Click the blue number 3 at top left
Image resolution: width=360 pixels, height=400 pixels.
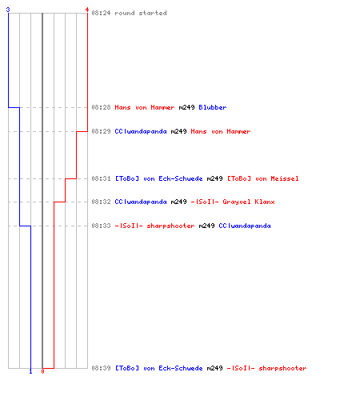8,10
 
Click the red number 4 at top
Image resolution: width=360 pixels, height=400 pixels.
86,10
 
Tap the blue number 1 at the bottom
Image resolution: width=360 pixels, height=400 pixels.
30,371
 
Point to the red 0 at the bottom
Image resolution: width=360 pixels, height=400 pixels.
42,371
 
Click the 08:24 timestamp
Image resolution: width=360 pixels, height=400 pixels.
101,13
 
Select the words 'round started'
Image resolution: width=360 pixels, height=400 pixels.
141,13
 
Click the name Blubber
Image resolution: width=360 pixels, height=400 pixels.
213,107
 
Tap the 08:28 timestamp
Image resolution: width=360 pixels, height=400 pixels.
101,107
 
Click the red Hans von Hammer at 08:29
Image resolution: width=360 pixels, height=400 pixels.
221,131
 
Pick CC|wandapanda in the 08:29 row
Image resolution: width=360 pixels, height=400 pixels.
141,131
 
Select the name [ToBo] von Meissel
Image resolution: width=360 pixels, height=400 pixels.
262,178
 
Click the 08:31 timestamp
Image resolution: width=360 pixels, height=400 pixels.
101,178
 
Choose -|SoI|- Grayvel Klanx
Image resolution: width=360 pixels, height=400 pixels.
233,202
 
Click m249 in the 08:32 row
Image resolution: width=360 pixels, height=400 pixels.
178,202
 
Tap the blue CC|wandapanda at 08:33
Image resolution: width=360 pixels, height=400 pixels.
245,226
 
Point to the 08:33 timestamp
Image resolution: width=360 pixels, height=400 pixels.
101,226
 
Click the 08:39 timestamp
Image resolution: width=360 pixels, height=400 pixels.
101,368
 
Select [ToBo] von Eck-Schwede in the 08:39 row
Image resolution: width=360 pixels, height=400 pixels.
158,368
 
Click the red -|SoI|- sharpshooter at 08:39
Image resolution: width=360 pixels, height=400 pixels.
266,368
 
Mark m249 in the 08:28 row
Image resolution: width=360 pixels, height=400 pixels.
186,107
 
